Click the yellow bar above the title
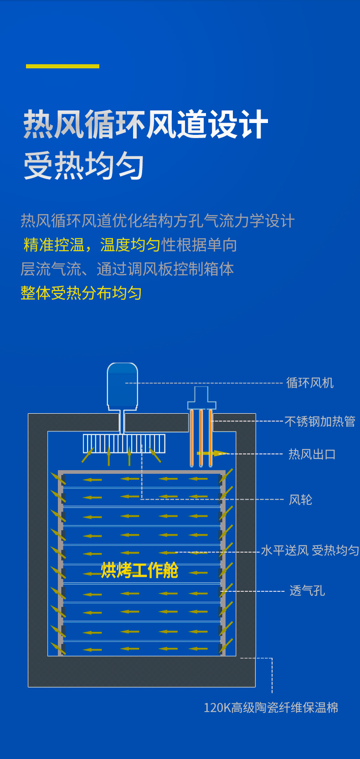[x=62, y=66]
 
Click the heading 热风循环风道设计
[x=146, y=124]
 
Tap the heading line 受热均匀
[x=84, y=166]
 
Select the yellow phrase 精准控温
[x=54, y=245]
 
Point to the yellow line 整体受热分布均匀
[x=81, y=293]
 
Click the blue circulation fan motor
[x=122, y=385]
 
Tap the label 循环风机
[x=310, y=383]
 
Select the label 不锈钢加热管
[x=320, y=421]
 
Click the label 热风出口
[x=312, y=454]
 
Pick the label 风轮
[x=301, y=500]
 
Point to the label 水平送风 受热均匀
[x=310, y=551]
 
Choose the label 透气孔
[x=307, y=591]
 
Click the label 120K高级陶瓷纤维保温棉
[x=271, y=708]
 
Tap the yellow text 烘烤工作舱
[x=139, y=570]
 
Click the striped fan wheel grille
[x=124, y=443]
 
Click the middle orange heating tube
[x=201, y=437]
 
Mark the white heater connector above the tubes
[x=201, y=398]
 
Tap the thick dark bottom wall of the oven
[x=141, y=672]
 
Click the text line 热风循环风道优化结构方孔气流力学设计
[x=158, y=221]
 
